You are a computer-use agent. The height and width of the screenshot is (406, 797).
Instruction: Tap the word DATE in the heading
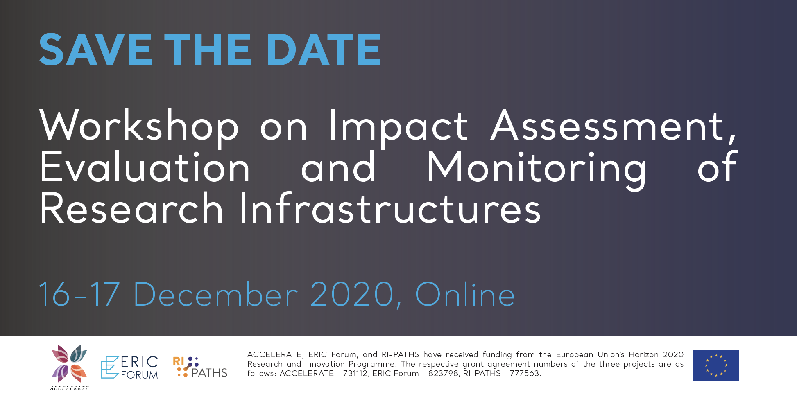click(324, 50)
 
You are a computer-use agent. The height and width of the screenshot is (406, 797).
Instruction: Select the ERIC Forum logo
click(129, 367)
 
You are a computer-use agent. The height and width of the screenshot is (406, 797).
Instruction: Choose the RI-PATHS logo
click(200, 367)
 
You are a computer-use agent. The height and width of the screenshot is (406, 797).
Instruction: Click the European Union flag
click(716, 365)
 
